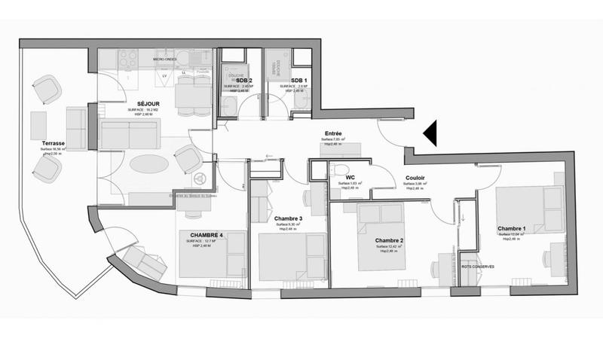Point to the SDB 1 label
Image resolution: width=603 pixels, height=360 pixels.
[298, 81]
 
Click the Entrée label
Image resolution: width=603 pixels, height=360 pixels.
[332, 133]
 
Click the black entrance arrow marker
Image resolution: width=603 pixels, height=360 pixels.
[430, 133]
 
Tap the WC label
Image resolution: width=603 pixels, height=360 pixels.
[350, 178]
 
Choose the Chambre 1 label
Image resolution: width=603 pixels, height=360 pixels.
[512, 227]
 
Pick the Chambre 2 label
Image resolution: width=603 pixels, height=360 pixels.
[390, 241]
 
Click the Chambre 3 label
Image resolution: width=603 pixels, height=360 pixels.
[289, 218]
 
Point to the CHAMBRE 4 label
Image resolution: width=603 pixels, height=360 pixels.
[199, 234]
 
